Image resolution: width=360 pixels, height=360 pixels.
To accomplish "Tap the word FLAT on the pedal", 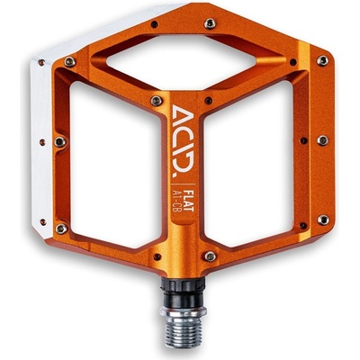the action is coord(190,200).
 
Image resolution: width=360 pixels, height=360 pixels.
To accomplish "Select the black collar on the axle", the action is coord(183,292).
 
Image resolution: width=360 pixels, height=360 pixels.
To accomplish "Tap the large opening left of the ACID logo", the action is coord(115,165).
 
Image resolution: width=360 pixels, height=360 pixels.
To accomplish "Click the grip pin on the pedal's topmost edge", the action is coord(210,23).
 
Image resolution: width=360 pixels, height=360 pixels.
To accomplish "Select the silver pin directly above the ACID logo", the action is coord(157,101).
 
